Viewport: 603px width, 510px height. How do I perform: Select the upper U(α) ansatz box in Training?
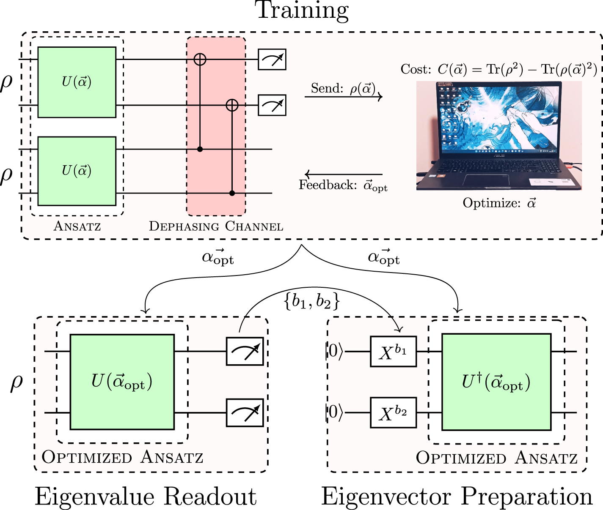click(x=77, y=82)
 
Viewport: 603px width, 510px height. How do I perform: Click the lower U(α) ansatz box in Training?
click(x=77, y=171)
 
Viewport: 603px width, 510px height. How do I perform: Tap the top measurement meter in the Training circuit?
click(x=272, y=60)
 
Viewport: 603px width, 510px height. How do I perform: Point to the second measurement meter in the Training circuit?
click(x=272, y=105)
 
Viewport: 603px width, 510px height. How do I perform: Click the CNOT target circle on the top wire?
click(x=200, y=59)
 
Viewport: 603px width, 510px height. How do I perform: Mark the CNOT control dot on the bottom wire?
click(x=232, y=193)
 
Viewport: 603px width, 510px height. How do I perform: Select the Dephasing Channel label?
click(x=216, y=226)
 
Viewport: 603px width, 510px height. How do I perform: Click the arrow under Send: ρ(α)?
click(x=343, y=97)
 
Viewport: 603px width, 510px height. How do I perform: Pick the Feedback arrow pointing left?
click(x=343, y=174)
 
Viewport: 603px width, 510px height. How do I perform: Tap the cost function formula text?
click(x=498, y=69)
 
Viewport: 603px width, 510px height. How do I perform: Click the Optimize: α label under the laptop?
click(x=499, y=203)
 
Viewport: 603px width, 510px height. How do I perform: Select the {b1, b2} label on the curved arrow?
click(x=312, y=301)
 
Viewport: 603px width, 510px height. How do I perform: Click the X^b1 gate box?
click(x=393, y=351)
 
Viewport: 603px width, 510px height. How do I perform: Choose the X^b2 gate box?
click(x=393, y=412)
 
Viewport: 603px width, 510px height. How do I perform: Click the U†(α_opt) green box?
click(x=496, y=382)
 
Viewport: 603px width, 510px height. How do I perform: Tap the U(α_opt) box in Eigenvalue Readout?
click(x=122, y=382)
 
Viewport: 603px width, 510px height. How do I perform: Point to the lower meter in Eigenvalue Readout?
click(x=245, y=412)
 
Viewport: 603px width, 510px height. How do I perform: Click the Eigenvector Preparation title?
click(x=457, y=496)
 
